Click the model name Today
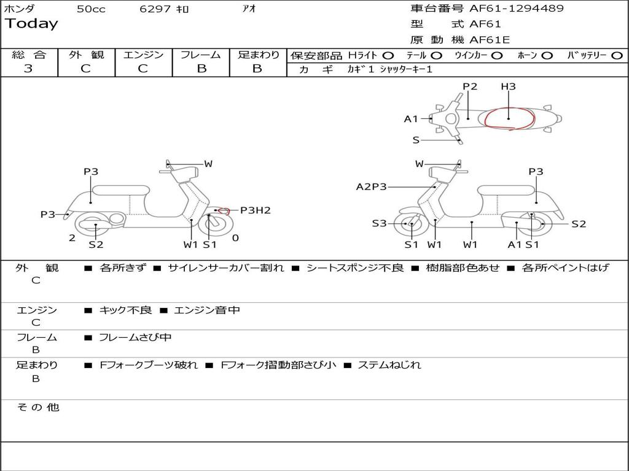click(x=31, y=24)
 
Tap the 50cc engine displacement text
click(x=91, y=9)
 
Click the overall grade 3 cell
click(x=28, y=69)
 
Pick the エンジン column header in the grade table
click(x=143, y=55)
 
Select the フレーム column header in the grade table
click(x=201, y=55)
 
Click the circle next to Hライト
click(x=388, y=56)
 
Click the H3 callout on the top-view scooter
click(x=508, y=86)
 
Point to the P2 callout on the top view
click(x=470, y=86)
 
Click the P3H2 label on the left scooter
click(x=255, y=210)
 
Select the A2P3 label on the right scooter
click(x=372, y=186)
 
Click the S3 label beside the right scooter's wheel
click(x=379, y=224)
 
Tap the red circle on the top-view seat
click(x=509, y=118)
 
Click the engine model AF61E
click(x=490, y=40)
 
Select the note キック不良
click(x=125, y=310)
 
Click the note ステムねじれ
click(x=389, y=365)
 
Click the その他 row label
click(x=37, y=407)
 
